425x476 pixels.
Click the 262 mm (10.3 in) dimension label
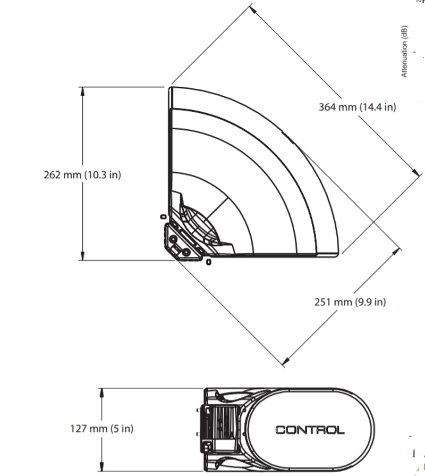pyautogui.click(x=82, y=174)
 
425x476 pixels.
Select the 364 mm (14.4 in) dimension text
pyautogui.click(x=357, y=107)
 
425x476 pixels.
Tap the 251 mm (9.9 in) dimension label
pyautogui.click(x=350, y=302)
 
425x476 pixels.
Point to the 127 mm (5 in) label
pyautogui.click(x=102, y=428)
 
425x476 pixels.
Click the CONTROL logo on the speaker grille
pyautogui.click(x=309, y=430)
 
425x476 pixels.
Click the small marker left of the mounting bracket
pyautogui.click(x=164, y=216)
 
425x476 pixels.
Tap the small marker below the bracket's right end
pyautogui.click(x=209, y=262)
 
